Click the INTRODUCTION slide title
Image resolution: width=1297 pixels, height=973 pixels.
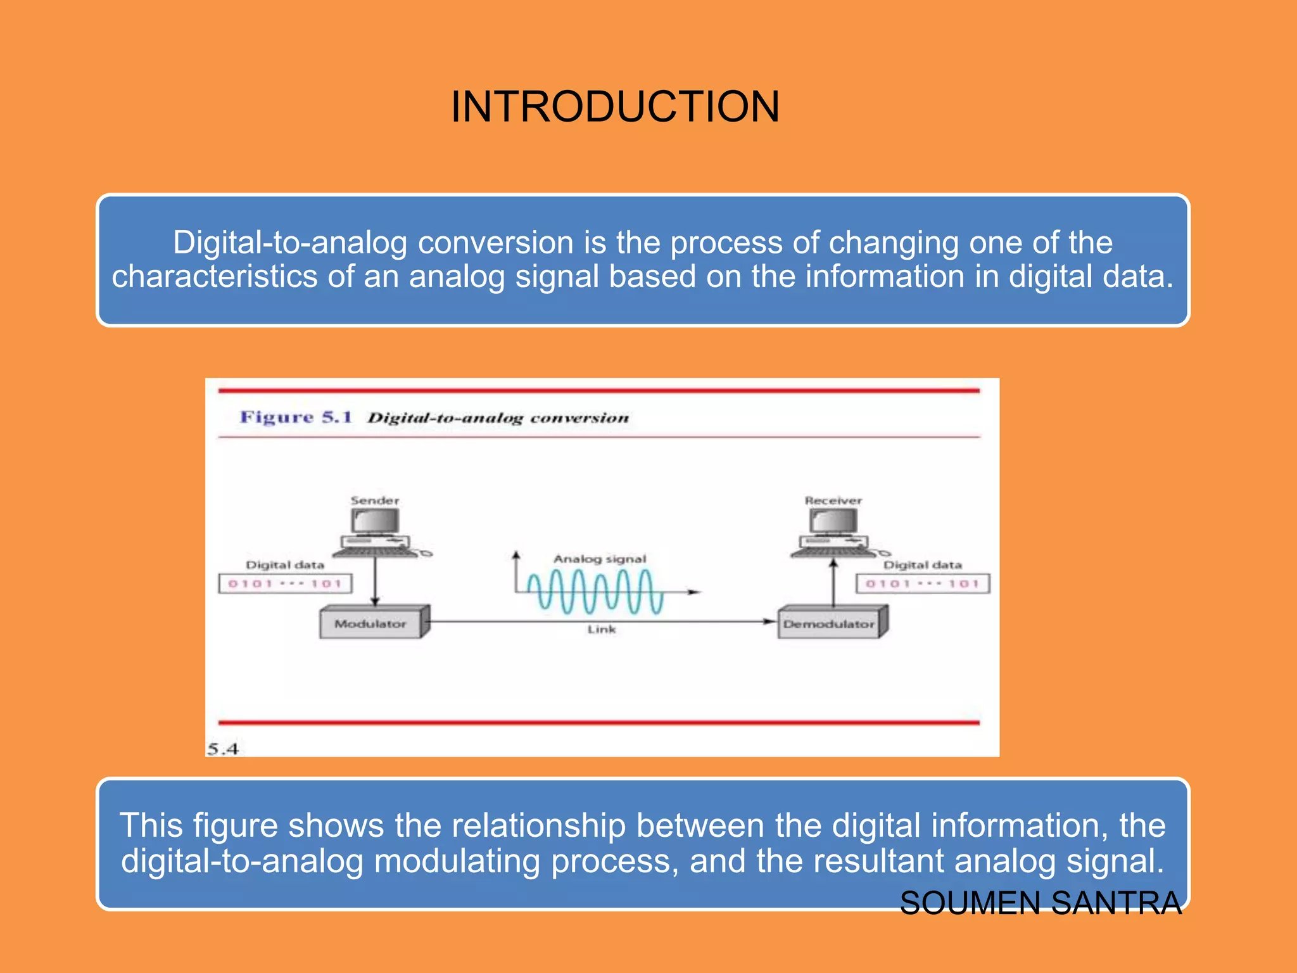[614, 106]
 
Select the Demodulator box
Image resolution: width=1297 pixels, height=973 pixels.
[829, 623]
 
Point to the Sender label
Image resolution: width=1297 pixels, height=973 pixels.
[375, 500]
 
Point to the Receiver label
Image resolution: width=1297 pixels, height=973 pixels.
[833, 500]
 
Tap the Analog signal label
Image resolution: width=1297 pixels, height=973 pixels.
[600, 559]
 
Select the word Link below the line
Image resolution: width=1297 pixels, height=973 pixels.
[601, 629]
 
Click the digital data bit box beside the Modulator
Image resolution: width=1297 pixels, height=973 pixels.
[285, 583]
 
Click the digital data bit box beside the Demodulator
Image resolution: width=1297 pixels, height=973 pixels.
[923, 583]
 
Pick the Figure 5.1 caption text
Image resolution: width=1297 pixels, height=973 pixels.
[434, 417]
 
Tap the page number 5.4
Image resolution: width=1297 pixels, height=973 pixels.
[223, 749]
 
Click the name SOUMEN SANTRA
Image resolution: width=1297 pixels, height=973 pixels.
[1041, 903]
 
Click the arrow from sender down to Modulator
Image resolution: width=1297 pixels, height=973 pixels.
[375, 580]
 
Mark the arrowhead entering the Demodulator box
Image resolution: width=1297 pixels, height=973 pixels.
[770, 621]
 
